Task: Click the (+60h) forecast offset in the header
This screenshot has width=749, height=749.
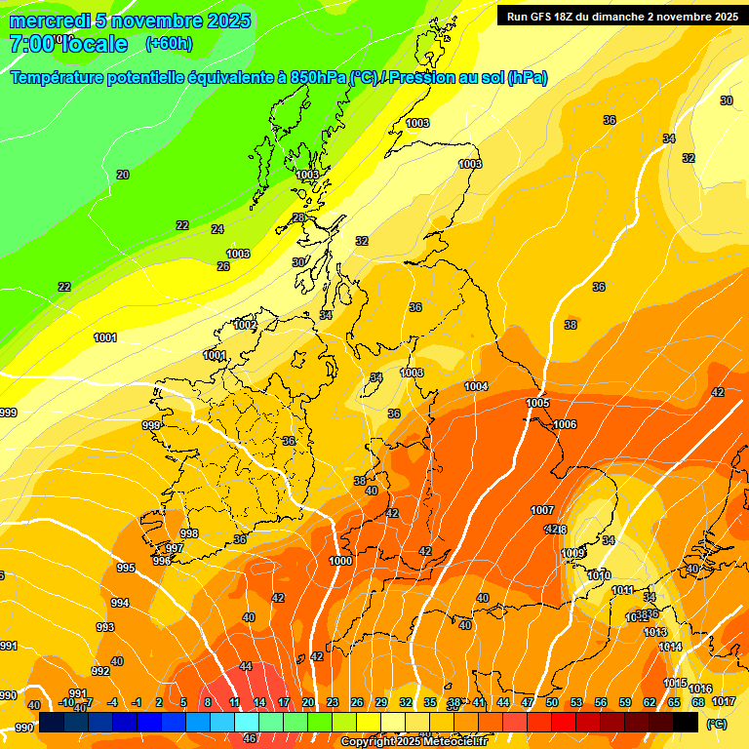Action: tap(169, 43)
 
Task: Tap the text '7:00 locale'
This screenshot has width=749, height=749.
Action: tap(68, 44)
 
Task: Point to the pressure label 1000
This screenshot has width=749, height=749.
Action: tap(340, 561)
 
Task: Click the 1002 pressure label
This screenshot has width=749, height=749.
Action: tap(245, 325)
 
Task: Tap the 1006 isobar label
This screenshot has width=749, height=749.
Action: tap(565, 424)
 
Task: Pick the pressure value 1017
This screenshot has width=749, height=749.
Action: tap(724, 701)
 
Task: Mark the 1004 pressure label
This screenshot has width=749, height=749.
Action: tap(476, 386)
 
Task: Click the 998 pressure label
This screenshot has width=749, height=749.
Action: tap(189, 532)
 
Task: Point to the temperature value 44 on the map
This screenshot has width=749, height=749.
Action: tap(246, 666)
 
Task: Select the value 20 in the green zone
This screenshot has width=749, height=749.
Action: tap(123, 175)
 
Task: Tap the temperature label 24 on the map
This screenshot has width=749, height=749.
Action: tap(217, 229)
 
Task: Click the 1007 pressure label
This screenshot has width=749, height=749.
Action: tap(542, 510)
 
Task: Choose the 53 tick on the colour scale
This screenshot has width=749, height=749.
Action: tap(576, 702)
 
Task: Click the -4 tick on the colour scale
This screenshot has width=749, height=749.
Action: tap(112, 702)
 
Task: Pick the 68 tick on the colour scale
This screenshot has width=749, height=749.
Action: tap(698, 702)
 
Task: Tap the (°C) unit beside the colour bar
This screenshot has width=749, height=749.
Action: tap(716, 724)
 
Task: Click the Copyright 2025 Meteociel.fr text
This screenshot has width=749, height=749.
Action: tap(414, 741)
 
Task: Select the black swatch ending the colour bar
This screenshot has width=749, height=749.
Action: tap(686, 722)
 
